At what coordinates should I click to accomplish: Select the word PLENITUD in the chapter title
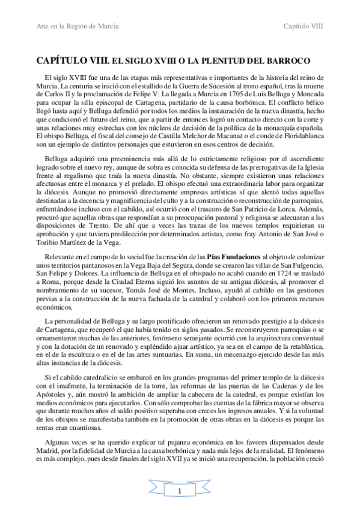tap(215, 61)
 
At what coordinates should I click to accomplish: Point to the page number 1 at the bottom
tap(179, 493)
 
